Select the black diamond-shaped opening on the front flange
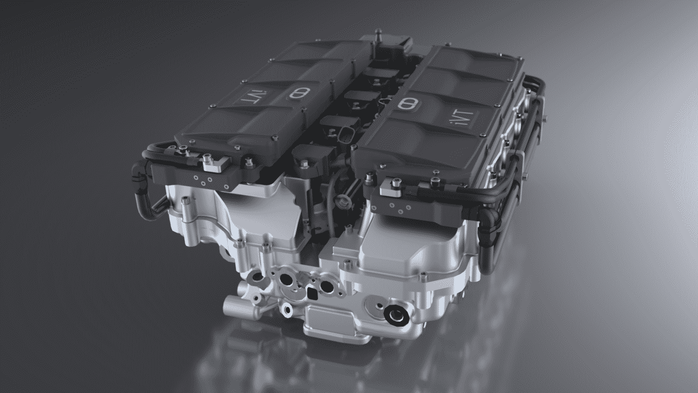[x=312, y=293]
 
